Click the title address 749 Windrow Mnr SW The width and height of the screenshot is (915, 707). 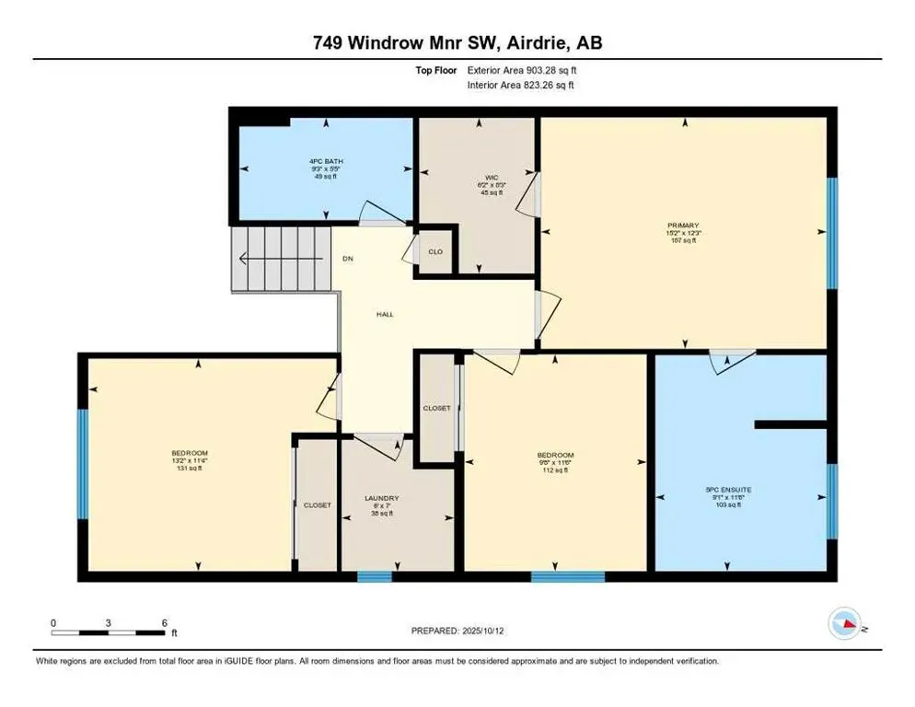click(457, 42)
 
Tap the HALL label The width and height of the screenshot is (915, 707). click(385, 315)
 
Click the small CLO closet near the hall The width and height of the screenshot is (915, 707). click(435, 251)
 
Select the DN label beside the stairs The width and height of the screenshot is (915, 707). click(348, 259)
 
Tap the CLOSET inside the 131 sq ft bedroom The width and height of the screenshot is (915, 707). click(317, 505)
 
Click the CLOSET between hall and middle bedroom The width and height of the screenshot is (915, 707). click(436, 408)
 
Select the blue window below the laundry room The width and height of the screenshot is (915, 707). click(374, 577)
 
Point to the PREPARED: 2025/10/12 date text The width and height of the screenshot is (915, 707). click(457, 631)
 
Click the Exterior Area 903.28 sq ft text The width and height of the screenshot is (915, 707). click(522, 70)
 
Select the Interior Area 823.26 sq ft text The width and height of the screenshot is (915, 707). click(521, 85)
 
